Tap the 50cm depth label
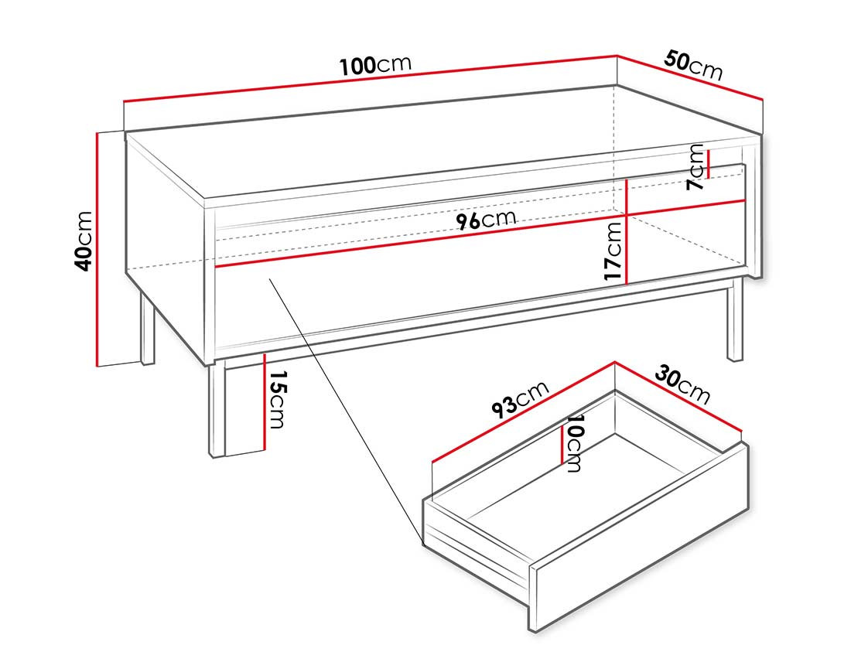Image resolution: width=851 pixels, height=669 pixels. (x=692, y=66)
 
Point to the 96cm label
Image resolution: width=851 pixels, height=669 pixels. (x=485, y=220)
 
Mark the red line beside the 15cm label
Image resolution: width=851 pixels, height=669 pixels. (x=265, y=401)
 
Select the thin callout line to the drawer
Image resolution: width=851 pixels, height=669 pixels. (x=340, y=402)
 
